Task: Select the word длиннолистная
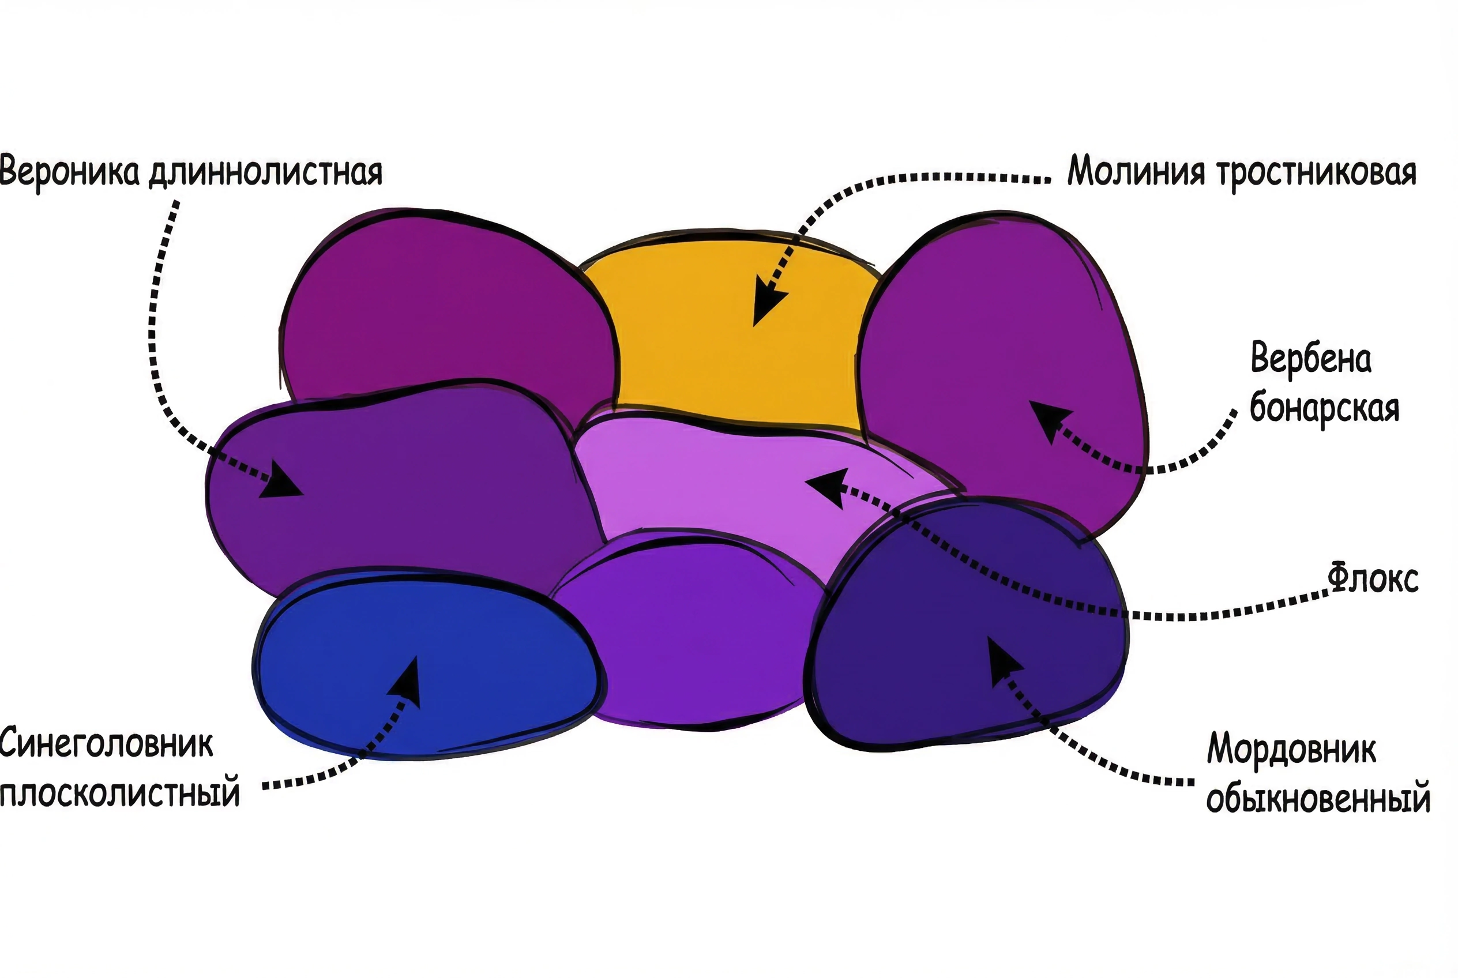265,173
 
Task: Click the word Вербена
1311,359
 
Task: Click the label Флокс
1373,578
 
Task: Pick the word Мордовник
1291,748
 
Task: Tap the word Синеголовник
107,744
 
